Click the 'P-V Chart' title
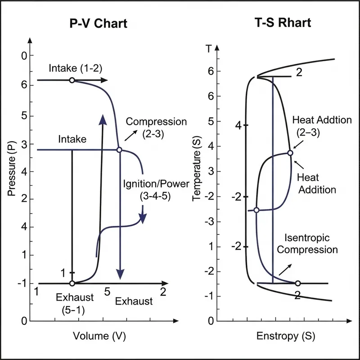pos(99,24)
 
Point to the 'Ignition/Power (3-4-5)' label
pos(147,190)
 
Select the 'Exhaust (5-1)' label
pos(75,303)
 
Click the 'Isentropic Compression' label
pos(307,243)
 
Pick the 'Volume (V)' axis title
pos(99,336)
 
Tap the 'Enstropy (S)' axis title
pos(285,336)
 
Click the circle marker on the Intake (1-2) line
pos(72,80)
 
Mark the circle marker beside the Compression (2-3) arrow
pos(119,150)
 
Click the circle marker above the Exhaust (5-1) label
pos(72,283)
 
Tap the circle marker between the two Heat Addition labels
pos(290,153)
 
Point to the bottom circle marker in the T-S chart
pos(297,283)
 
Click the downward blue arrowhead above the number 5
pos(120,273)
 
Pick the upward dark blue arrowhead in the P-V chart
pos(103,119)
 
